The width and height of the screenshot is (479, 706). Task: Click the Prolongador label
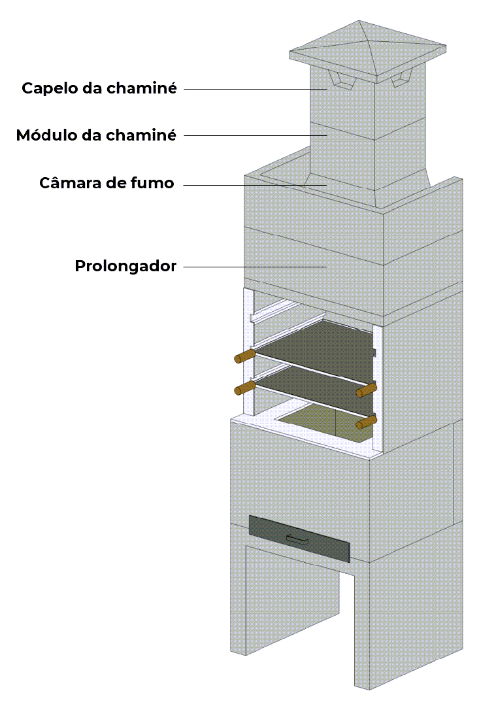tap(125, 267)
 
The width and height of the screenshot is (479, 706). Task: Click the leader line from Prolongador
tap(255, 267)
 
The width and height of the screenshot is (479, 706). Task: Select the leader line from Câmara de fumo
tap(255, 185)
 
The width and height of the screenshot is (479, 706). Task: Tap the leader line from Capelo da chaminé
tap(255, 89)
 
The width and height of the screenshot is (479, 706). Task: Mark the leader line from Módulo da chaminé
tap(255, 136)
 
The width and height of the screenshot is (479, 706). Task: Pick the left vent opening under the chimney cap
tap(339, 81)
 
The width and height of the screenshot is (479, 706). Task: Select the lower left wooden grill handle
tap(244, 388)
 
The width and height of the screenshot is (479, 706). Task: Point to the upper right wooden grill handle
tap(366, 390)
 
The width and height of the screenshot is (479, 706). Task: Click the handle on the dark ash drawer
tap(298, 539)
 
